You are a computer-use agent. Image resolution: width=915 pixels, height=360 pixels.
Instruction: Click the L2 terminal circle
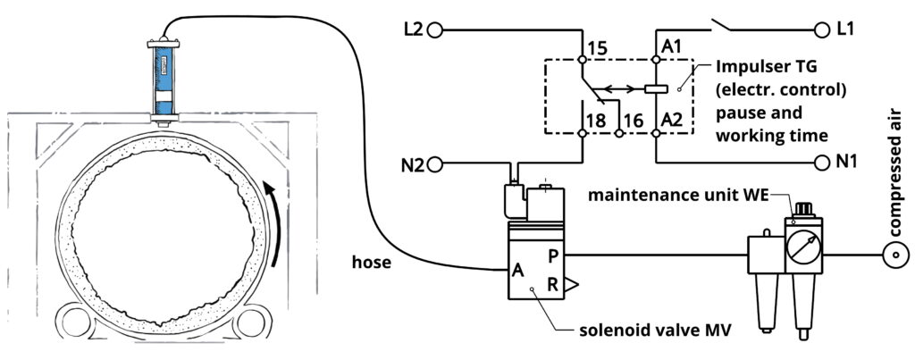[x=435, y=29]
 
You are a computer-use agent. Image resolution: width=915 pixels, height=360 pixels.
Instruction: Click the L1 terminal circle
[x=822, y=29]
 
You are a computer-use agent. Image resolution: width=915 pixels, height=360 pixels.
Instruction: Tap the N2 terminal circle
[x=435, y=165]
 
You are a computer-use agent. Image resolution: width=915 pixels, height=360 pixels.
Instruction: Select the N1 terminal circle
[x=822, y=163]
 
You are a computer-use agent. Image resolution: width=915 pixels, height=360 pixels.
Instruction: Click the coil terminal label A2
[x=671, y=121]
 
